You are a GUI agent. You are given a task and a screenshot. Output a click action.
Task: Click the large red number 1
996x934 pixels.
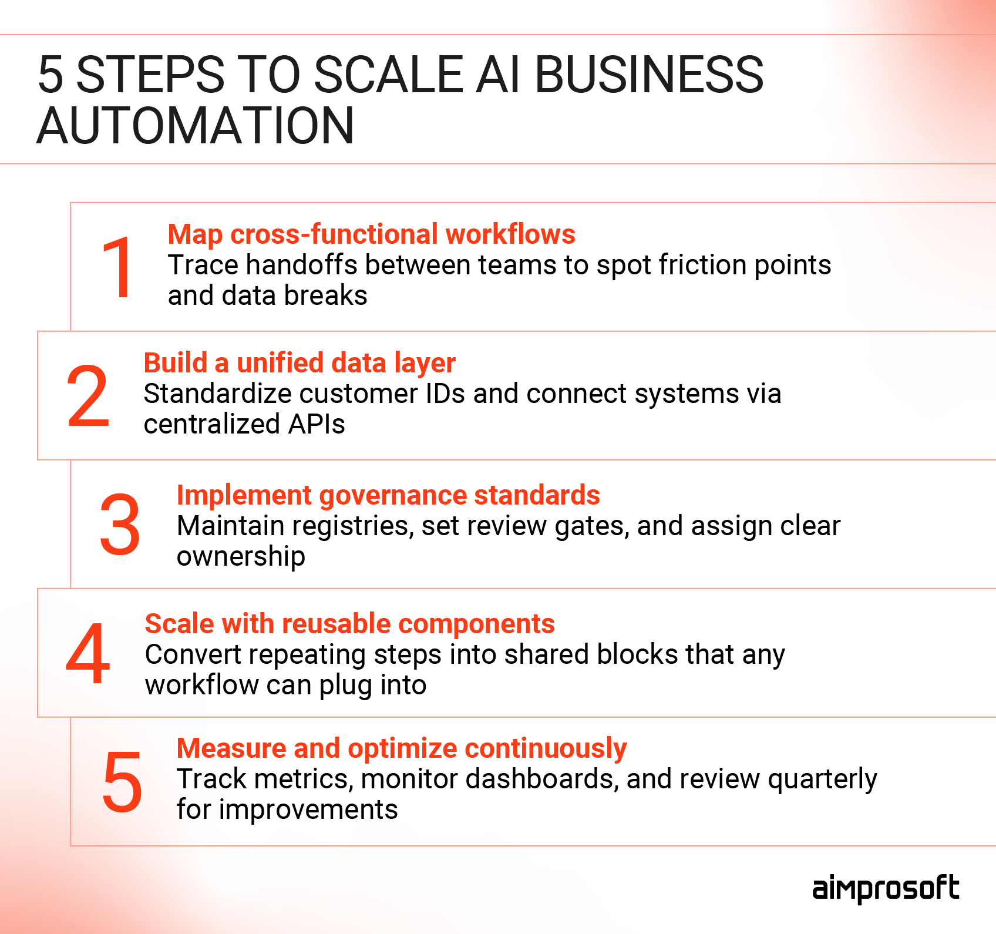pyautogui.click(x=117, y=268)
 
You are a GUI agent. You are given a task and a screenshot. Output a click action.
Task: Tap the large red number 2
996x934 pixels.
pyautogui.click(x=88, y=397)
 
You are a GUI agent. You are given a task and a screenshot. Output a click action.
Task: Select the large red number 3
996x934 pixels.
pyautogui.click(x=120, y=525)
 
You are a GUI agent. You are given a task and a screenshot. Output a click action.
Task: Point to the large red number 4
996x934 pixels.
pyautogui.click(x=88, y=654)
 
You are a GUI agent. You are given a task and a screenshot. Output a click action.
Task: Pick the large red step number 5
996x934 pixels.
pyautogui.click(x=122, y=782)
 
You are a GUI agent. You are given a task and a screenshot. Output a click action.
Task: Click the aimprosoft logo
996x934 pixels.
pyautogui.click(x=886, y=888)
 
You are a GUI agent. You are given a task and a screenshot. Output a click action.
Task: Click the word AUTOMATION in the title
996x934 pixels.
pyautogui.click(x=196, y=126)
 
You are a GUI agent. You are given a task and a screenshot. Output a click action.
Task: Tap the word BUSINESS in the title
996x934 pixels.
pyautogui.click(x=649, y=75)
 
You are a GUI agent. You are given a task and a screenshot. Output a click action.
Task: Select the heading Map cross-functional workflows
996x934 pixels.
pyautogui.click(x=371, y=234)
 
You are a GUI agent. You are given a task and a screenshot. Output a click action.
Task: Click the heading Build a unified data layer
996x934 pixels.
pyautogui.click(x=300, y=363)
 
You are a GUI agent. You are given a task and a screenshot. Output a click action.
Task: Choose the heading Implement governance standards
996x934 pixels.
pyautogui.click(x=388, y=495)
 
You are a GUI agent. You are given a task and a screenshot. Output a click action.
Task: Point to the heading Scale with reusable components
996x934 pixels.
pyautogui.click(x=349, y=624)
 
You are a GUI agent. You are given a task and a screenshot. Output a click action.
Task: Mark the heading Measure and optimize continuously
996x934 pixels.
pyautogui.click(x=402, y=748)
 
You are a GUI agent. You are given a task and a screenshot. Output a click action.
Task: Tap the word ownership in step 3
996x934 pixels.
pyautogui.click(x=241, y=557)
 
